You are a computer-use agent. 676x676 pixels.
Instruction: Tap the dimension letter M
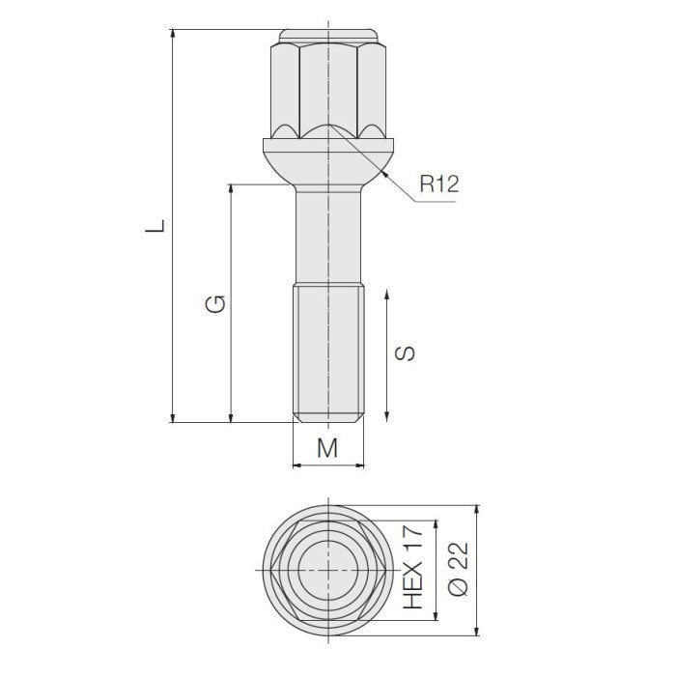click(328, 447)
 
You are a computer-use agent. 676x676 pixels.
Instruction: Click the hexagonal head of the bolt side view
click(327, 87)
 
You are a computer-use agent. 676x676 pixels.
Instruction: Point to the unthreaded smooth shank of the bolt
click(327, 237)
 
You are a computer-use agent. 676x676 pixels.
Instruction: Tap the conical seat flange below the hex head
click(327, 159)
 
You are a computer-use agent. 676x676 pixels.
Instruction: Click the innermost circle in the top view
click(327, 570)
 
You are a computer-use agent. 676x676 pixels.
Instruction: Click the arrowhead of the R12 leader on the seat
click(384, 175)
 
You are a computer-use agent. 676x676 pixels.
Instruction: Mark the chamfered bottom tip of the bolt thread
click(327, 418)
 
